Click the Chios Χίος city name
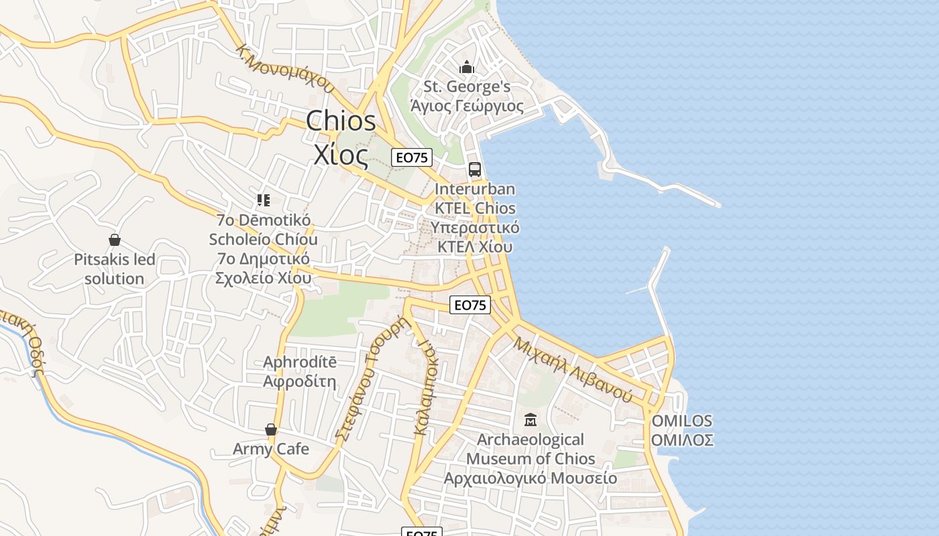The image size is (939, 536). (341, 138)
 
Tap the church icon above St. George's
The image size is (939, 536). (467, 67)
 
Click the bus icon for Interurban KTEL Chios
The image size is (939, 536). (475, 169)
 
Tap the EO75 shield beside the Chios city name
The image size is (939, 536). (412, 157)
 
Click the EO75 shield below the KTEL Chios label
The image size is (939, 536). (469, 305)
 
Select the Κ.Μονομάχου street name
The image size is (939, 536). (285, 68)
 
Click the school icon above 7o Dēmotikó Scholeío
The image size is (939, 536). (263, 200)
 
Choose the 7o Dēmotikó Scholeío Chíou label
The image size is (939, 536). (263, 249)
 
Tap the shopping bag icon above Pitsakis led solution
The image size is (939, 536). (114, 240)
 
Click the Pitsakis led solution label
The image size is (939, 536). (114, 269)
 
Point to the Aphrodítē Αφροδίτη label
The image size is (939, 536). (299, 372)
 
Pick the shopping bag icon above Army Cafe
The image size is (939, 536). (271, 429)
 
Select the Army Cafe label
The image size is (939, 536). (271, 449)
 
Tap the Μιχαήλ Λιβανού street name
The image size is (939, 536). (573, 369)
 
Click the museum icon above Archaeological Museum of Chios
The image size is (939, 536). (531, 420)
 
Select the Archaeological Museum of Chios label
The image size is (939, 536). (531, 459)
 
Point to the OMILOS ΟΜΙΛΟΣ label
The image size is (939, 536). (681, 430)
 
